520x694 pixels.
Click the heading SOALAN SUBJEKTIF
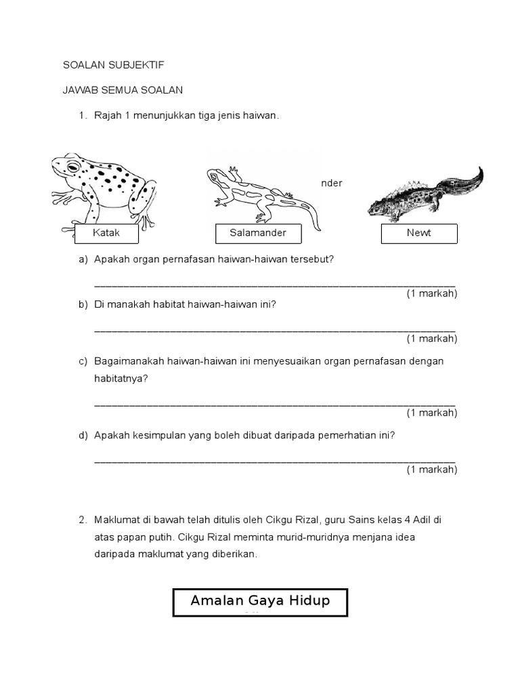pyautogui.click(x=113, y=65)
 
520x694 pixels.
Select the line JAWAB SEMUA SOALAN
pyautogui.click(x=123, y=90)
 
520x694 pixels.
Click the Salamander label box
pyautogui.click(x=257, y=234)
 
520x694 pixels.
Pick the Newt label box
pyautogui.click(x=418, y=234)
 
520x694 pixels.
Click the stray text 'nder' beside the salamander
pyautogui.click(x=332, y=183)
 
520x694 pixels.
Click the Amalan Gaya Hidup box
pyautogui.click(x=260, y=602)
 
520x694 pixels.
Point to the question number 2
pyautogui.click(x=82, y=520)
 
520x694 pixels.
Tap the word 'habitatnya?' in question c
pyautogui.click(x=121, y=379)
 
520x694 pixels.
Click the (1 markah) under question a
pyautogui.click(x=431, y=293)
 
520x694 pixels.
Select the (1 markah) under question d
pyautogui.click(x=431, y=469)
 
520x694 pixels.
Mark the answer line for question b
pyautogui.click(x=274, y=330)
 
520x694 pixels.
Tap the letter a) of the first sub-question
pyautogui.click(x=83, y=260)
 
